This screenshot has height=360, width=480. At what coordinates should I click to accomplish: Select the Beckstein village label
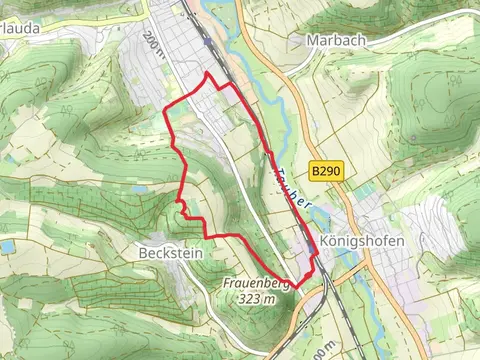pyautogui.click(x=166, y=253)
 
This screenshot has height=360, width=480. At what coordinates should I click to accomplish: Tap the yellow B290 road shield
pyautogui.click(x=326, y=172)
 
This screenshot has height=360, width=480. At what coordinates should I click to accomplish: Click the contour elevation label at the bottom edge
pyautogui.click(x=317, y=352)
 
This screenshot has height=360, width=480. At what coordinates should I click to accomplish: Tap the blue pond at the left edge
pyautogui.click(x=8, y=246)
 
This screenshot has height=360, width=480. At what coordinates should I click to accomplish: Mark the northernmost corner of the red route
pyautogui.click(x=207, y=73)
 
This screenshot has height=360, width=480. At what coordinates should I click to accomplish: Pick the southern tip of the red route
pyautogui.click(x=297, y=288)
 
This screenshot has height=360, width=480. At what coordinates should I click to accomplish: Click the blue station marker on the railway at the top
pyautogui.click(x=207, y=41)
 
